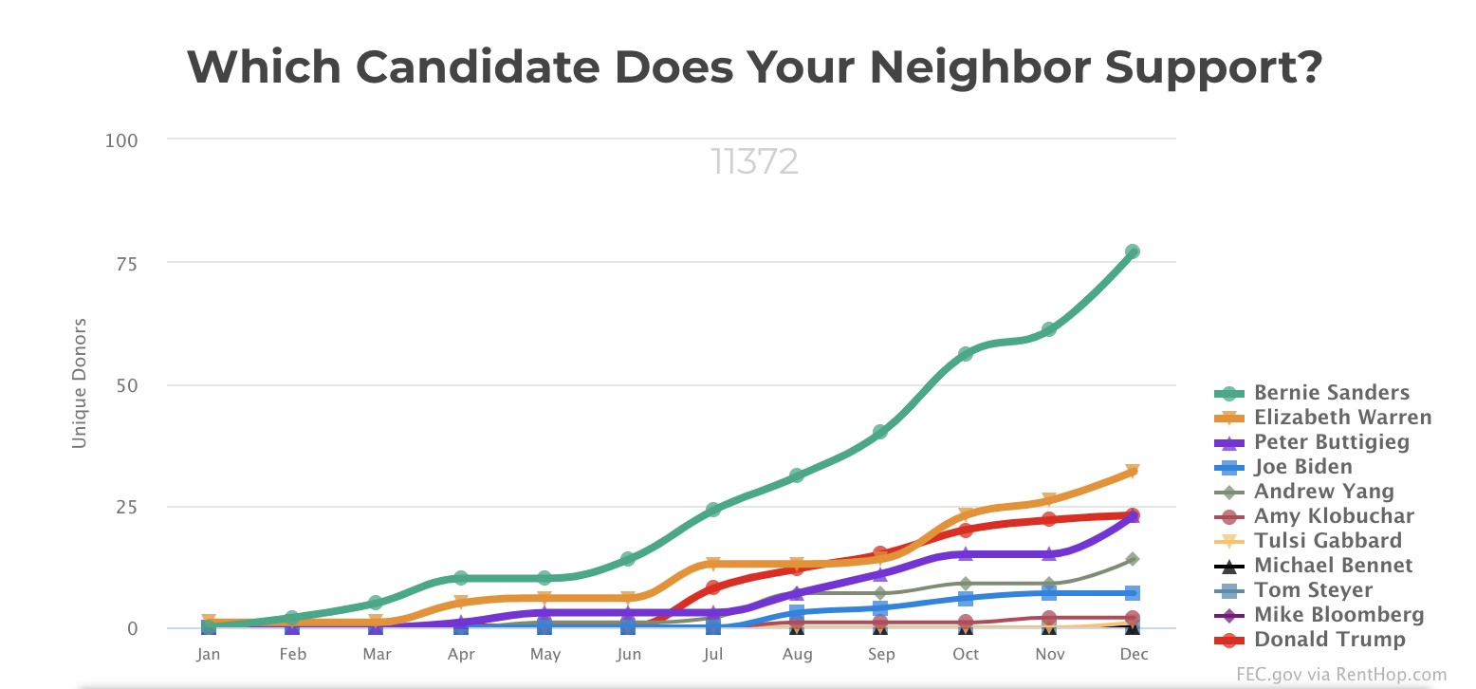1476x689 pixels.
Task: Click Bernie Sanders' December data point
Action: pos(1132,251)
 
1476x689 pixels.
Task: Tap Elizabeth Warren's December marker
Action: pos(1132,472)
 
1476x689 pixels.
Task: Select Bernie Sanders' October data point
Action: pos(965,354)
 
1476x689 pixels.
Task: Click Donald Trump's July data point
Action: pos(713,587)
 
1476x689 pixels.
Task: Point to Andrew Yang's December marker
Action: pos(1132,559)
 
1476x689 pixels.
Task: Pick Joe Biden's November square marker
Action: pos(1048,593)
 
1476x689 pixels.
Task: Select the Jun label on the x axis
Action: pos(629,655)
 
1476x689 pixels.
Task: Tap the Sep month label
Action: pos(880,655)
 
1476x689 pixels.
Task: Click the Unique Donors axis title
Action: pos(80,383)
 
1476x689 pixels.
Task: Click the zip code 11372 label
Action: pos(754,162)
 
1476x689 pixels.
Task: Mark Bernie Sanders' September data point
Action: pos(880,432)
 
